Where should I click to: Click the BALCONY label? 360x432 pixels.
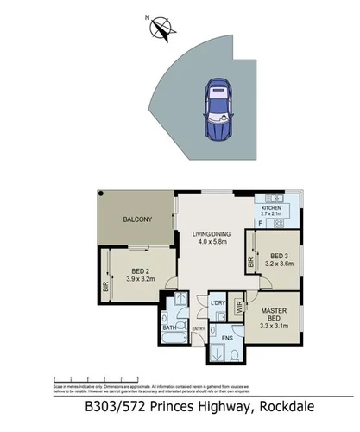tap(138, 219)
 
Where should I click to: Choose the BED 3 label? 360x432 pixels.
tap(279, 257)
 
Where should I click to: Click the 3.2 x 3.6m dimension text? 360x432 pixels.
tap(279, 265)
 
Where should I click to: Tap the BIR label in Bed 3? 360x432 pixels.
tap(250, 260)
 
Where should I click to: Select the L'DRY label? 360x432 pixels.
tap(217, 303)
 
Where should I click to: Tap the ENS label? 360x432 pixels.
tap(227, 337)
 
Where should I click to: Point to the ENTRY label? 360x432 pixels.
tap(199, 328)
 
